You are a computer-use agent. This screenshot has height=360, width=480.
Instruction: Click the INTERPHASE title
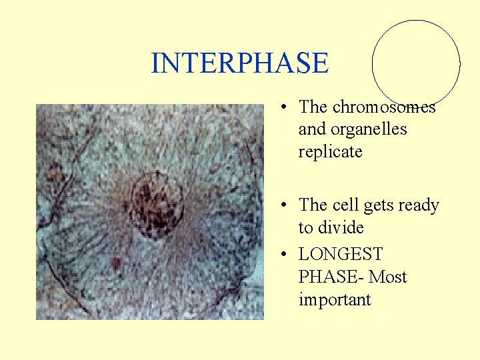[x=239, y=63]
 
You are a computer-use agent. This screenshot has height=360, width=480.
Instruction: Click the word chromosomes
[x=384, y=107]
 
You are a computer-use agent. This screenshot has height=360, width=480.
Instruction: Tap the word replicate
[x=330, y=151]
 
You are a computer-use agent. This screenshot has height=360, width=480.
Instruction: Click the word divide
[x=341, y=227]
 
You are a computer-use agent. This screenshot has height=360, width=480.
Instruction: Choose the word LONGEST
[x=341, y=254]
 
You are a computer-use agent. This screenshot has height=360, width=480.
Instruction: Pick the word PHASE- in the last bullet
[x=331, y=277]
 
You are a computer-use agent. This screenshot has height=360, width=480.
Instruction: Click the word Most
[x=388, y=277]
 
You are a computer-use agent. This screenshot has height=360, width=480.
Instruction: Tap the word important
[x=335, y=299]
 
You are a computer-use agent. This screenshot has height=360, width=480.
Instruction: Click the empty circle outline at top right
[x=416, y=64]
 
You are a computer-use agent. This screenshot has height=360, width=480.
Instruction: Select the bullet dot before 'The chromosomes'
[x=284, y=107]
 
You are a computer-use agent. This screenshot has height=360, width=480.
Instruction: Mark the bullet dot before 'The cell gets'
[x=284, y=205]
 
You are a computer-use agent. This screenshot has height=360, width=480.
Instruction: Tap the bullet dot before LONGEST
[x=284, y=255]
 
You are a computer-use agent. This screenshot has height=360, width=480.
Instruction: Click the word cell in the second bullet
[x=345, y=205]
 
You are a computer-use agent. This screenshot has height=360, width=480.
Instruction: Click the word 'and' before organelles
[x=309, y=129]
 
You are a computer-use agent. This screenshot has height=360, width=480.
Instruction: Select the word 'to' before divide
[x=305, y=227]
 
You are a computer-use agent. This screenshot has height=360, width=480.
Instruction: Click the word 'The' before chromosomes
[x=313, y=107]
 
